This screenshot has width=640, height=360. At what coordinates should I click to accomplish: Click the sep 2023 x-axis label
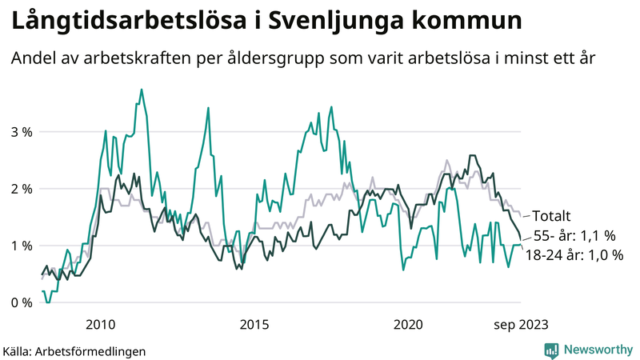(521, 324)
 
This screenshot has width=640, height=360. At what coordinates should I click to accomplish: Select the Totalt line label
(551, 216)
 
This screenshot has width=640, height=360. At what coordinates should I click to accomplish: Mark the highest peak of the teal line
(142, 90)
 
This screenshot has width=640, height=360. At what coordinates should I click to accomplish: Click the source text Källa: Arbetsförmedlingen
(74, 350)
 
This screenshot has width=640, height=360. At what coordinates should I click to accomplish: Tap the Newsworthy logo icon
(551, 350)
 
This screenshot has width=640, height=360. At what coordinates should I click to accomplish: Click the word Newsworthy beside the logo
(597, 350)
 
